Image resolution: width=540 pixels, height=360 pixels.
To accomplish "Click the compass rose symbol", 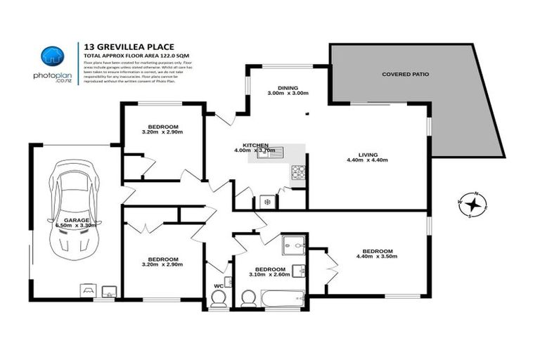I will tap(475, 205).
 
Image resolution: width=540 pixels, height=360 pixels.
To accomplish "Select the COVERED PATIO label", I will tap(405, 74).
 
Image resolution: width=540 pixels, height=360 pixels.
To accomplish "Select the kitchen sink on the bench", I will tap(270, 153).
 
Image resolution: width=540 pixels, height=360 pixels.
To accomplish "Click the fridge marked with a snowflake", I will tap(266, 201).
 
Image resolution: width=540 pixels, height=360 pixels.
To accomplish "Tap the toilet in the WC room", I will tap(219, 300).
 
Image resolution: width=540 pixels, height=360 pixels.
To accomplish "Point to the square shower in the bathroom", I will tap(292, 246).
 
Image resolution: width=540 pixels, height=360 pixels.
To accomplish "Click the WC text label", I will tap(218, 285).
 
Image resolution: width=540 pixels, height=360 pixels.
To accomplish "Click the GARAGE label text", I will tap(77, 220).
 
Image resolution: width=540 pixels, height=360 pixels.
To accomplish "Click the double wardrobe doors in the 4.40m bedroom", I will tap(330, 269).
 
